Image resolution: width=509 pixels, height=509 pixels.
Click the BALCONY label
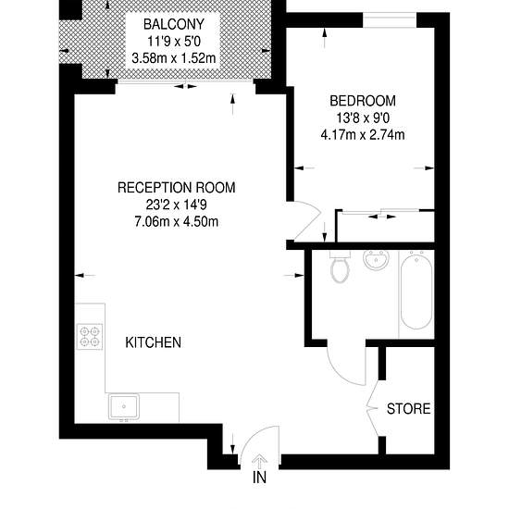point(174,24)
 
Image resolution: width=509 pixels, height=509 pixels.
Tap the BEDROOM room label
point(363,101)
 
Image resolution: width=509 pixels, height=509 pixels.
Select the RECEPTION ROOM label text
point(176,188)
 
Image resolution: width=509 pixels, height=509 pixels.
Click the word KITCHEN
point(154,342)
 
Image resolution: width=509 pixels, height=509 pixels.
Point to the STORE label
point(409,409)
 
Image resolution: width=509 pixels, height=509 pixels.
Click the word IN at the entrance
point(259,478)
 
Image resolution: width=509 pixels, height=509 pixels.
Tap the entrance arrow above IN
point(260,461)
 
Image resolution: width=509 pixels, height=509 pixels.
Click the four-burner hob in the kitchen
point(90,337)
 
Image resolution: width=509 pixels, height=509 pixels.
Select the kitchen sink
point(124,406)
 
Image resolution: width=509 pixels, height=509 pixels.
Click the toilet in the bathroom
point(340,267)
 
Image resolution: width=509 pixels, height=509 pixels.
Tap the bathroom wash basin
point(376,259)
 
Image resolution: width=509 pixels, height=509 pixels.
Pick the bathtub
point(416,292)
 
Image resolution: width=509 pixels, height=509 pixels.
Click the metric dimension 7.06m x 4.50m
point(176,222)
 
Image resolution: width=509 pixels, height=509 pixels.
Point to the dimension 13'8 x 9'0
point(363,118)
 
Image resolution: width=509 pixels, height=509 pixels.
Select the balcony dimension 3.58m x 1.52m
point(174,58)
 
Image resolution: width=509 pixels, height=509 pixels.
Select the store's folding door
point(373,408)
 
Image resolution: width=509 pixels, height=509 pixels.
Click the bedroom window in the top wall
point(390,20)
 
